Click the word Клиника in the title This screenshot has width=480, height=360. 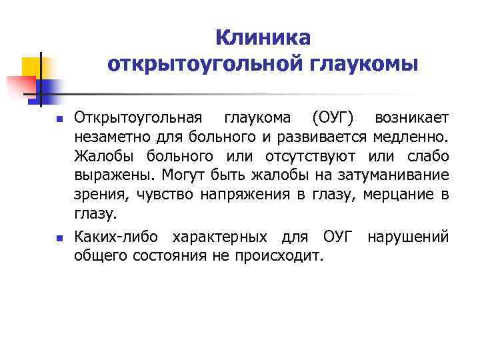(263, 37)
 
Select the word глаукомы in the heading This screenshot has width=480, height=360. (364, 65)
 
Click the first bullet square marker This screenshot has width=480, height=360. (59, 121)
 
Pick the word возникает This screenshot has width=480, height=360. (412, 119)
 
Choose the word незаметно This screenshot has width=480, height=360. (109, 137)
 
